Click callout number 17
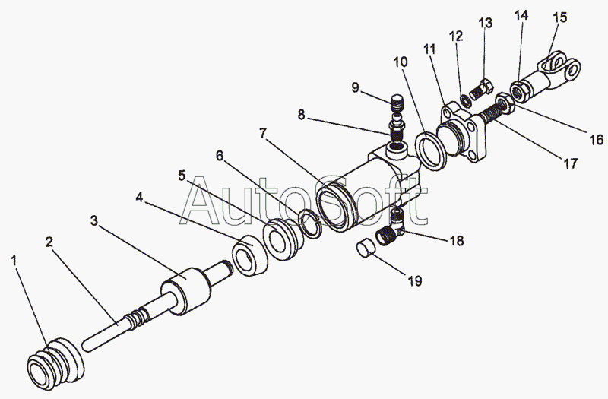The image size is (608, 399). (569, 163)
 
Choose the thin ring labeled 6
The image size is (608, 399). (308, 223)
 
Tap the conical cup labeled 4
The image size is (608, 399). (249, 256)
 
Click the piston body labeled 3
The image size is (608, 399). (185, 293)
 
